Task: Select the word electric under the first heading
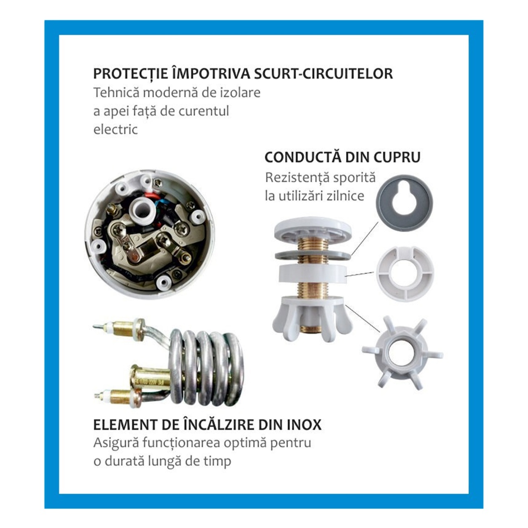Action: tap(115, 130)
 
